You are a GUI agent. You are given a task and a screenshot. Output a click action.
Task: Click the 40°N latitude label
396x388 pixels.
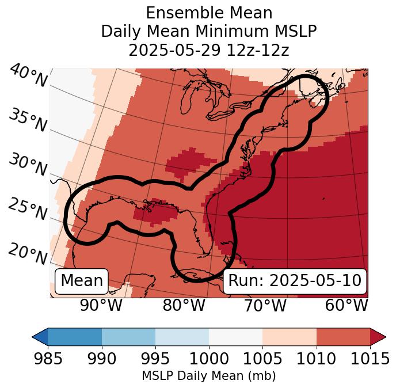coord(28,76)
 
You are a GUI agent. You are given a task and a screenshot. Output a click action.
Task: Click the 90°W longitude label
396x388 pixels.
coord(101,305)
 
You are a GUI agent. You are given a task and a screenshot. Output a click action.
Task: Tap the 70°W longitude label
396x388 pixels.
coord(265,305)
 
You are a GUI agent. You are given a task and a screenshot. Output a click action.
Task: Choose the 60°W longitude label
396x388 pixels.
coord(346,305)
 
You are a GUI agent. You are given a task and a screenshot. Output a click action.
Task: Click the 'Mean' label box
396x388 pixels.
coord(82,281)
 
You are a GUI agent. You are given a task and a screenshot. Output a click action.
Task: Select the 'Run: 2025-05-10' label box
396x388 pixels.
coord(295,281)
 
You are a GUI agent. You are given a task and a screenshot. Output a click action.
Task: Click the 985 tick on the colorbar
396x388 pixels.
coord(48,359)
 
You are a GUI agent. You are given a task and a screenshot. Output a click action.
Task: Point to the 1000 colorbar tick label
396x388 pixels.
coord(209,359)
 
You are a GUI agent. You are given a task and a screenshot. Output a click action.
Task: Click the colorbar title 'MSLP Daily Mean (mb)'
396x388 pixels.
coord(208,376)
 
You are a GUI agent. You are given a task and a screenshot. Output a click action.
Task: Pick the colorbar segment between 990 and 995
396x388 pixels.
coord(128,336)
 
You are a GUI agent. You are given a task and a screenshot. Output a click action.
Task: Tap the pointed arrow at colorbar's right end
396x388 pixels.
coord(378,336)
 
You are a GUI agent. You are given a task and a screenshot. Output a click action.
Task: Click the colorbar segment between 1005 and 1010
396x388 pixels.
coord(290,336)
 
